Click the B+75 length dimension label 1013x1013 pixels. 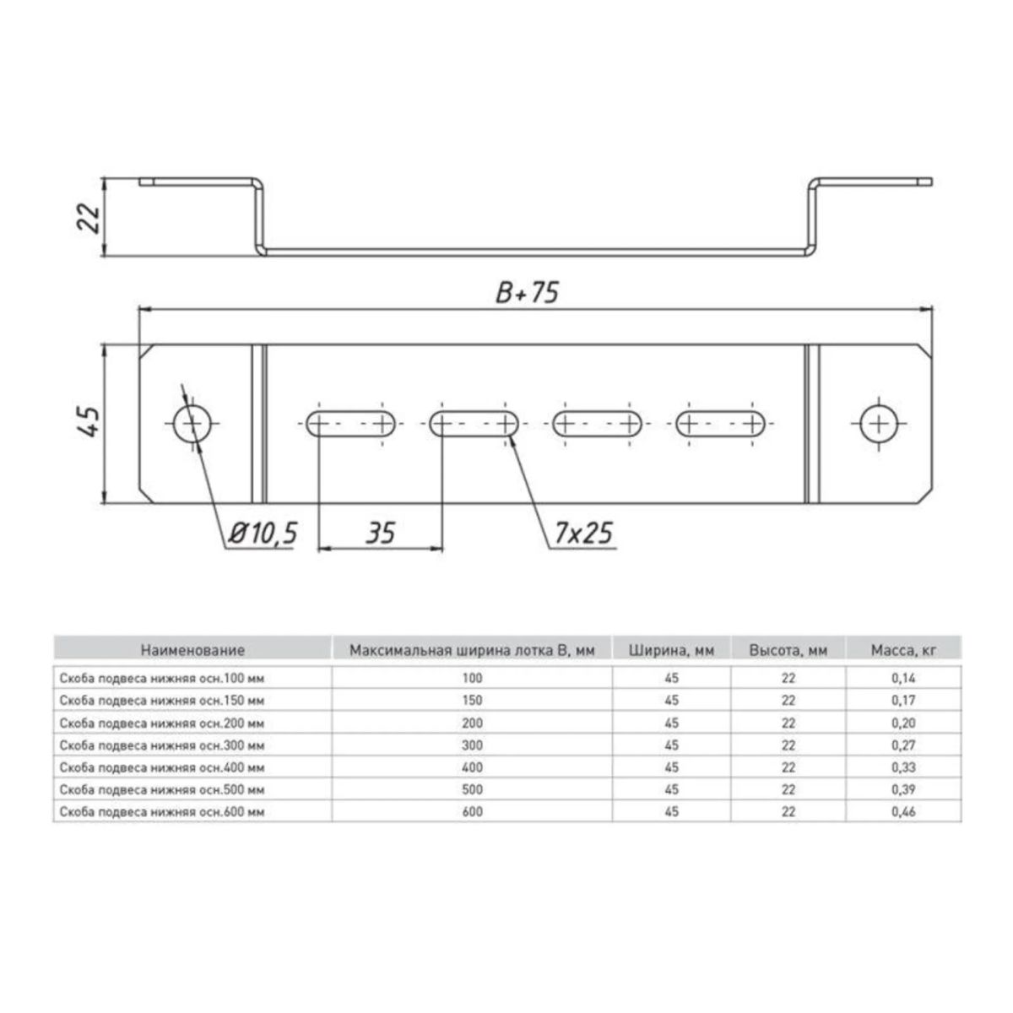(528, 292)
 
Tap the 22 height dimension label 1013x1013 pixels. (89, 218)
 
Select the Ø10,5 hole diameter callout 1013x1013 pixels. (263, 534)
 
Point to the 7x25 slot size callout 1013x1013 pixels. (583, 533)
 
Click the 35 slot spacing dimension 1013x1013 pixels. (380, 533)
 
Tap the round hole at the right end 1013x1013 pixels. (879, 424)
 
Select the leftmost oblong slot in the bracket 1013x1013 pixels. (352, 424)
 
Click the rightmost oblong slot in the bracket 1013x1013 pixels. (721, 424)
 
